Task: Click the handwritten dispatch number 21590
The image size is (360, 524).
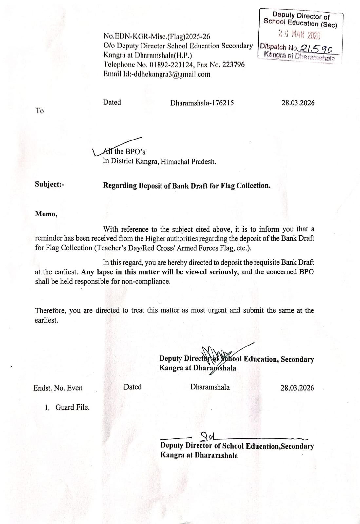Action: (x=316, y=48)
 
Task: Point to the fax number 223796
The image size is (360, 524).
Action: (x=233, y=65)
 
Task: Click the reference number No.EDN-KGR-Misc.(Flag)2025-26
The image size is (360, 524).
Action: (x=157, y=36)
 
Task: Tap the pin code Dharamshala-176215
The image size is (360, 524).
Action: (x=202, y=103)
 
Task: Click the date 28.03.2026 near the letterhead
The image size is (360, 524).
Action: (x=298, y=103)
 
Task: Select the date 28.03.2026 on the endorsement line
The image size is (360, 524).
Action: (x=297, y=388)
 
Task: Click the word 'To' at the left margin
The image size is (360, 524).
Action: (x=39, y=111)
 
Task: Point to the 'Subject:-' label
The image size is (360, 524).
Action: (x=49, y=184)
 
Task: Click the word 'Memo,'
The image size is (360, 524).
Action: (x=46, y=214)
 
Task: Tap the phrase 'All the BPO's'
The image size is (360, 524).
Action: (x=124, y=151)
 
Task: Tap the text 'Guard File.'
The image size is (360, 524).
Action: (x=72, y=407)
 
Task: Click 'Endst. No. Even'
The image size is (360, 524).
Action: (x=58, y=388)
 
